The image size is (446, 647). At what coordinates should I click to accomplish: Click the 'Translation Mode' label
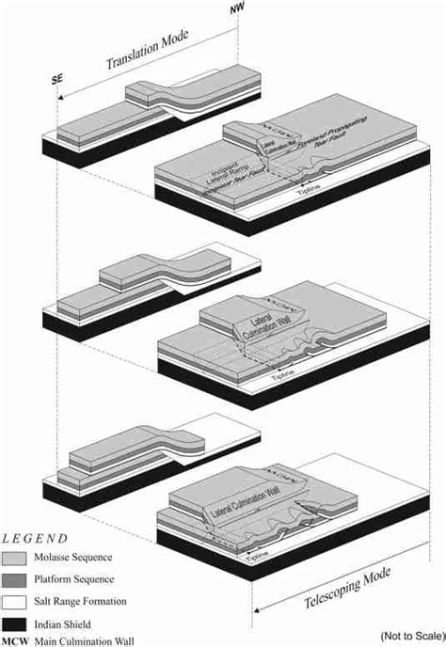coord(149,53)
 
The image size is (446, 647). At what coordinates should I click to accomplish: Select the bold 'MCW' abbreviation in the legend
coord(15,640)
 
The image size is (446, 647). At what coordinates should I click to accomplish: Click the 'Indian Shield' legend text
coord(65,622)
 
